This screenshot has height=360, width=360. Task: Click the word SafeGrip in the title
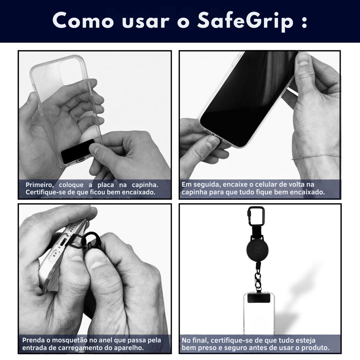(245, 21)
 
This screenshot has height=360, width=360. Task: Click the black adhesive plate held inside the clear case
(78, 151)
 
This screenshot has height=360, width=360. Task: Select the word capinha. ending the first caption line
(145, 185)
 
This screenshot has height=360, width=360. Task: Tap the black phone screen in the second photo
(248, 99)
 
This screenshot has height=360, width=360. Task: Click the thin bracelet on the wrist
(316, 157)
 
